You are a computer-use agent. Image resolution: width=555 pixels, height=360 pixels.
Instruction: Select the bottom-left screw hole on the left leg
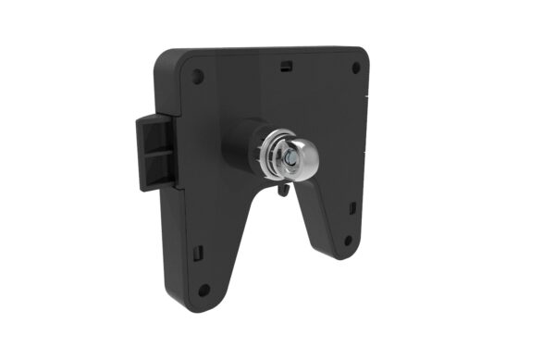(x=204, y=291)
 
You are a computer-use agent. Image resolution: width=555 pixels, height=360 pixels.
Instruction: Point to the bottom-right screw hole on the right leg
(x=348, y=241)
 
